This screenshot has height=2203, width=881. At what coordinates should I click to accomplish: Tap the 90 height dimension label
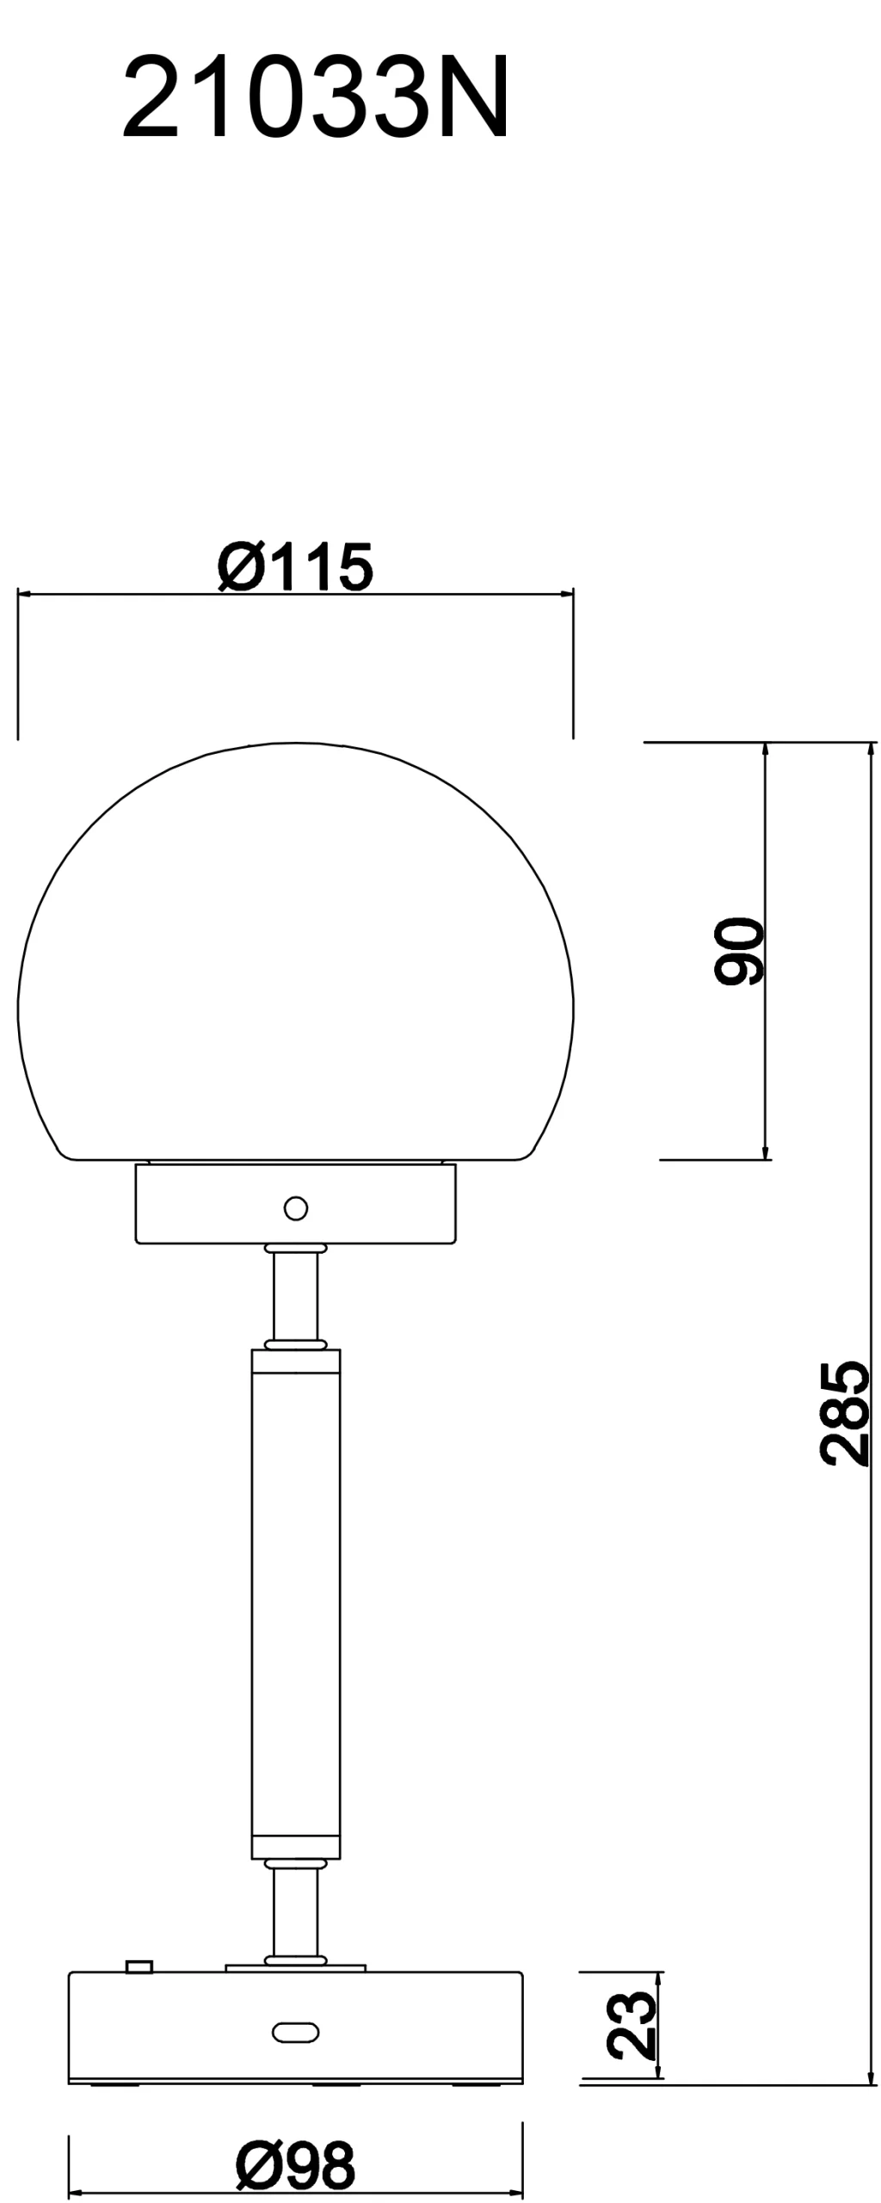coord(739,950)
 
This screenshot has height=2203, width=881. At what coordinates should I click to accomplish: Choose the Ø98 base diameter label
coord(295,2166)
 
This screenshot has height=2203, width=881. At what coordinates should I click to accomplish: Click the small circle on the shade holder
coord(295,1208)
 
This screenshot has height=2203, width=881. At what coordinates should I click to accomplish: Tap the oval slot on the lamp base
coord(295,2032)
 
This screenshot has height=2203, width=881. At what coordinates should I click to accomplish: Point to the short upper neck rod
coord(295,1295)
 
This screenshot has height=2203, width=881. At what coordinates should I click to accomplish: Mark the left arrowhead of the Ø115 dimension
coord(23,594)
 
